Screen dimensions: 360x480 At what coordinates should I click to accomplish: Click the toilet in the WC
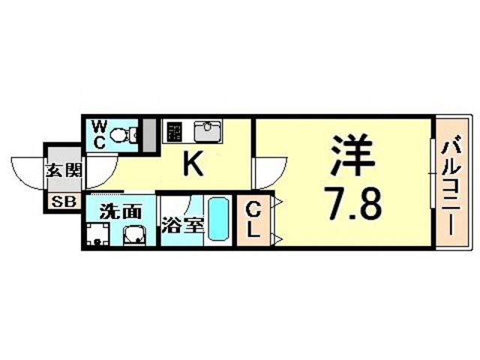pyautogui.click(x=123, y=136)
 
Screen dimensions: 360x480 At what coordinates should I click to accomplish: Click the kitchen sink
pyautogui.click(x=205, y=132)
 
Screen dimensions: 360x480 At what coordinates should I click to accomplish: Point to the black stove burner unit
pyautogui.click(x=173, y=133)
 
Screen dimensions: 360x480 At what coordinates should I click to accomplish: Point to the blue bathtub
pyautogui.click(x=218, y=220)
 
